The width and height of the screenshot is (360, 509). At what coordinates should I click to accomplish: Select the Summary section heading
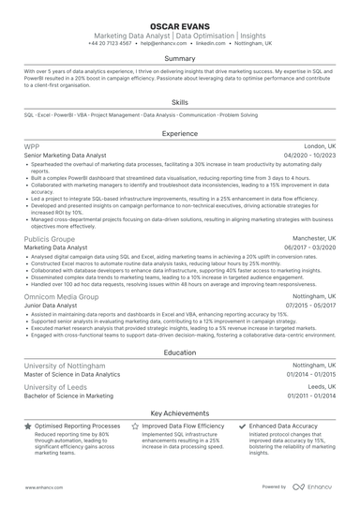point(180,58)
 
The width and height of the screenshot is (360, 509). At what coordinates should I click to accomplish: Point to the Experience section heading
point(180,134)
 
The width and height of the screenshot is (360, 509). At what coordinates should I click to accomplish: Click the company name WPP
point(32,147)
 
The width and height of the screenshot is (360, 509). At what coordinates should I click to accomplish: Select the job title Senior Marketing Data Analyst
point(65,156)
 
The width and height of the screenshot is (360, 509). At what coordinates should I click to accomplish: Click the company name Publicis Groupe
point(50,239)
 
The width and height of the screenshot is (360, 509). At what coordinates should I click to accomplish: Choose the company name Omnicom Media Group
point(61,296)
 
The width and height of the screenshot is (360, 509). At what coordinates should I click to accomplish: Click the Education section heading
point(180,352)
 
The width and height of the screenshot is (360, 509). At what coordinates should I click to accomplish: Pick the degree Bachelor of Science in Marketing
point(75,396)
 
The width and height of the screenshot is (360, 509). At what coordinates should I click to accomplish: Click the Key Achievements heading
point(180,412)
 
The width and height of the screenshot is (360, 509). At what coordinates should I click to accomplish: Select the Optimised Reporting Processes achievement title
point(78,426)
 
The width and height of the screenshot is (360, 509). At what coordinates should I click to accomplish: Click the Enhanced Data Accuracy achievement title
point(288,426)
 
